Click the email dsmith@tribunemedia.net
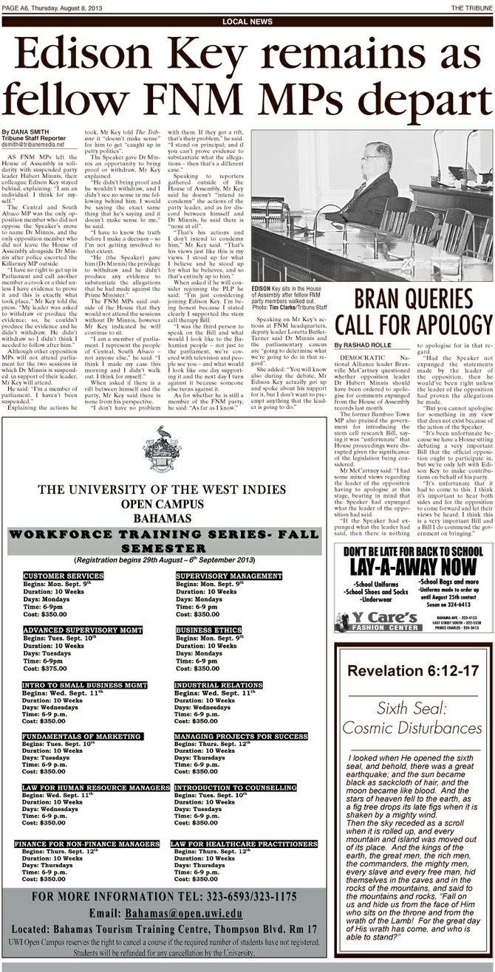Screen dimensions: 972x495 [36, 145]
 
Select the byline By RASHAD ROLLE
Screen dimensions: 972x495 [362, 345]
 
